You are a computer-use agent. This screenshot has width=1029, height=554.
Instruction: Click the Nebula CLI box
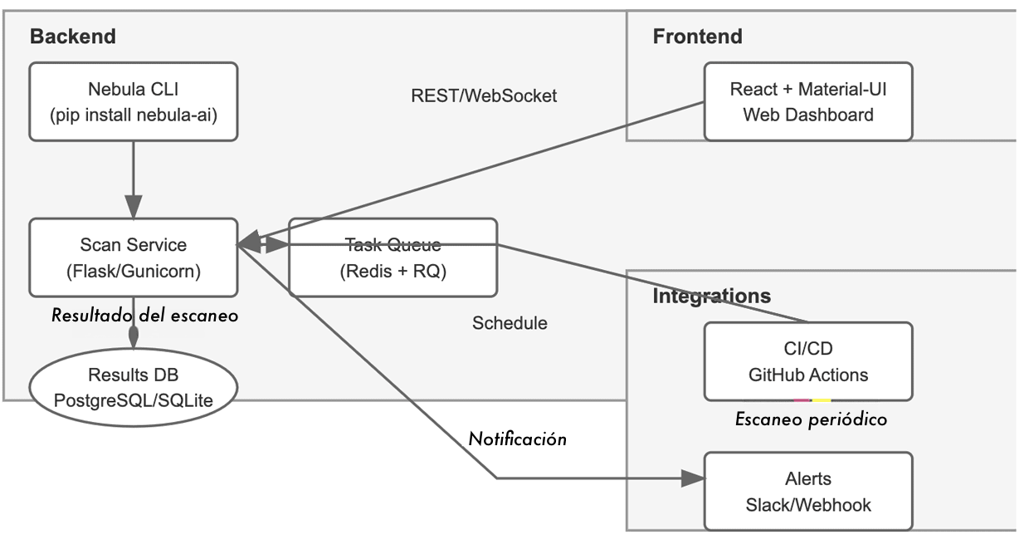[133, 101]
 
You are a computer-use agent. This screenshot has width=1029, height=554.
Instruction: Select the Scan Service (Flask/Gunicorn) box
[133, 257]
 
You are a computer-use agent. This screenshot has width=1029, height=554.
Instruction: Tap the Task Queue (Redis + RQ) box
[393, 257]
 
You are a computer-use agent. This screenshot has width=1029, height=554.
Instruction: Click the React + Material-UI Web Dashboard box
[807, 101]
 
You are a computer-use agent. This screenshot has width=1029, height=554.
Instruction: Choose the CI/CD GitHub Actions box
[807, 361]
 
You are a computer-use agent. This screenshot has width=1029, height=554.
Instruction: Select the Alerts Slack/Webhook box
[807, 491]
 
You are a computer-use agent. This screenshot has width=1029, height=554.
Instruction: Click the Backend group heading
[72, 37]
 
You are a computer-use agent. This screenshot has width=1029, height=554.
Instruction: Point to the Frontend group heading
[697, 37]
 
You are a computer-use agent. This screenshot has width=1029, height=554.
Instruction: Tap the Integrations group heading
[711, 296]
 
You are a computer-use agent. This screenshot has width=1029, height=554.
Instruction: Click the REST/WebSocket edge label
[484, 96]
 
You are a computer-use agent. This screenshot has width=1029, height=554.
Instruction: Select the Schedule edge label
[510, 323]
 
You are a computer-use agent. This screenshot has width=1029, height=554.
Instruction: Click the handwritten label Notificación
[518, 439]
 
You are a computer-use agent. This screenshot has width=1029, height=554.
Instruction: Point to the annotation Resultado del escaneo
[144, 316]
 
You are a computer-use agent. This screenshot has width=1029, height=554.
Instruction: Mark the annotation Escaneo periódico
[811, 419]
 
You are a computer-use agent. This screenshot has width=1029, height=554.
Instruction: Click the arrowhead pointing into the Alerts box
[693, 478]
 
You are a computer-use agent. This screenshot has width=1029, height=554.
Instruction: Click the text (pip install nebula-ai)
[133, 115]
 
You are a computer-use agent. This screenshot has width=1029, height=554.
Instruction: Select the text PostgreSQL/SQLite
[133, 400]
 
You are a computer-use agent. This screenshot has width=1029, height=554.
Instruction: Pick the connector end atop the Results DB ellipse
[133, 335]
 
